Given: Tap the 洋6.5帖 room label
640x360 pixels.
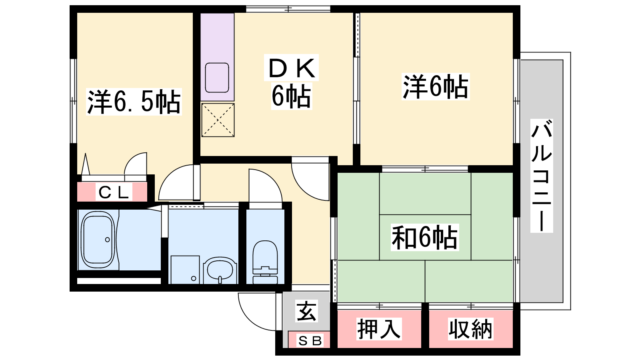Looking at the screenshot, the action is tap(134, 102).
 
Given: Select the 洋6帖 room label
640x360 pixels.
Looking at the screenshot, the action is tap(436, 86).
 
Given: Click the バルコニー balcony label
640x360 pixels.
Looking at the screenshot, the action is tap(542, 176).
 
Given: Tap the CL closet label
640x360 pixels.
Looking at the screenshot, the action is tap(114, 193).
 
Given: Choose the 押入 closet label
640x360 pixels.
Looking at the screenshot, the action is tap(379, 329).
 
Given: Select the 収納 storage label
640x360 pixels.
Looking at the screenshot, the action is tap(470, 329).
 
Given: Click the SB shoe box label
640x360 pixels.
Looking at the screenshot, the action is tap(310, 341).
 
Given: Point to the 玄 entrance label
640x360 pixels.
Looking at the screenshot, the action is tap(306, 311).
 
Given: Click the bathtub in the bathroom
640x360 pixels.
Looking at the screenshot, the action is tap(98, 240).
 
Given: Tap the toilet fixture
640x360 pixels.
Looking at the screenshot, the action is tap(265, 262).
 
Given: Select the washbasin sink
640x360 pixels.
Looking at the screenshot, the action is tap(220, 270).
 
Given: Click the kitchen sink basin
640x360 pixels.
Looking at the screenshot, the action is tap(217, 78).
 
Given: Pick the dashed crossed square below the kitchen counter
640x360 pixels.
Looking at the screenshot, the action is tap(218, 120).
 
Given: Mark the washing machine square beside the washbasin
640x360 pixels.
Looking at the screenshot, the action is tap(185, 270).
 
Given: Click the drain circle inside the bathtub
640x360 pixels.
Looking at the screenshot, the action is tap(108, 240).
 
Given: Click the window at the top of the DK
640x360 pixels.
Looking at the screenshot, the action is tap(288, 9).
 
